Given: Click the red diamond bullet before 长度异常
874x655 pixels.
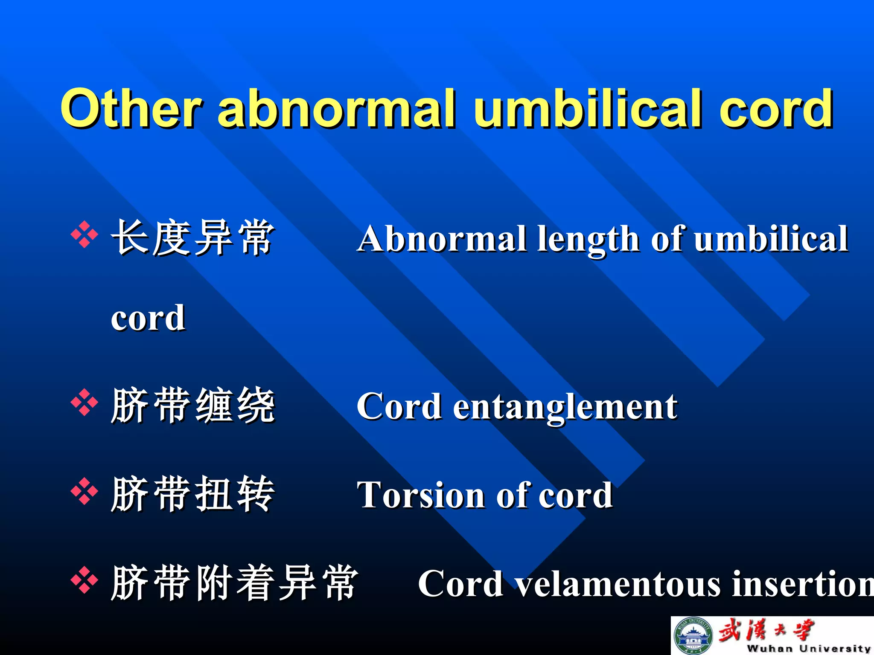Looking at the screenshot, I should click(x=84, y=235).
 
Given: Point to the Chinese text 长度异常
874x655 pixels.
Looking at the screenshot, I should click(x=192, y=238).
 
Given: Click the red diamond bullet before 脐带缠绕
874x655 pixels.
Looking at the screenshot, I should click(x=84, y=402).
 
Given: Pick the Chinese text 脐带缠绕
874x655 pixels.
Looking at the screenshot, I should click(x=192, y=405).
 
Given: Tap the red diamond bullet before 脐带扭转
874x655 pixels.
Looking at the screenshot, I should click(x=84, y=491).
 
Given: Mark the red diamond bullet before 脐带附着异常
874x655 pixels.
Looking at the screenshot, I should click(x=84, y=580).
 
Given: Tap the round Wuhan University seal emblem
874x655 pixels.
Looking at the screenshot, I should click(x=693, y=636).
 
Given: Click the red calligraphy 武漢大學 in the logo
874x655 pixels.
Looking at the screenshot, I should click(x=766, y=630).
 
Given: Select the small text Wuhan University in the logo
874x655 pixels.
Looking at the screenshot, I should click(x=808, y=648).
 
